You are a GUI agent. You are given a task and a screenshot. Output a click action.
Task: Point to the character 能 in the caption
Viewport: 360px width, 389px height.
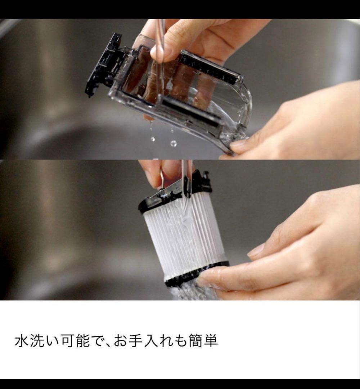click(x=82, y=341)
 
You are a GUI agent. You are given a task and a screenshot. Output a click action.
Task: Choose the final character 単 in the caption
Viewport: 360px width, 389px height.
click(x=211, y=341)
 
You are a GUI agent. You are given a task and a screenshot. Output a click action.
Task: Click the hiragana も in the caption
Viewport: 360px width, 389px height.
click(x=180, y=341)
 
